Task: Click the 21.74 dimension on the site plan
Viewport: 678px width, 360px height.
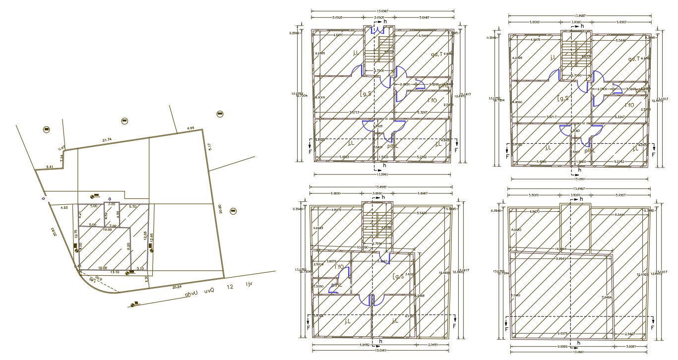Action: pos(106,140)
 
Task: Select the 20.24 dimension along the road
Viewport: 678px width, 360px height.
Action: pos(177,286)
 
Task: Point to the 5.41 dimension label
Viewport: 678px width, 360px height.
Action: pos(50,167)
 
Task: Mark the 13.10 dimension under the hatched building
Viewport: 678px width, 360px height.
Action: pos(115,272)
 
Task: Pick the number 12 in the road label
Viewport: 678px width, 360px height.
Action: pos(230,287)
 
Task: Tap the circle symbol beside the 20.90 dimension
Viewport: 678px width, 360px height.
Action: pos(233,211)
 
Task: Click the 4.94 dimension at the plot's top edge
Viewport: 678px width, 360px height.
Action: pos(190,128)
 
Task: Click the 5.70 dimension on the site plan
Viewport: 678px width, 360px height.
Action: pos(132,206)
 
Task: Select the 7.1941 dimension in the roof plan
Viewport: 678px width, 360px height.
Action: pos(515,295)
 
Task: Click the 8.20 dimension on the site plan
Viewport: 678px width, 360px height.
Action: pos(128,245)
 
